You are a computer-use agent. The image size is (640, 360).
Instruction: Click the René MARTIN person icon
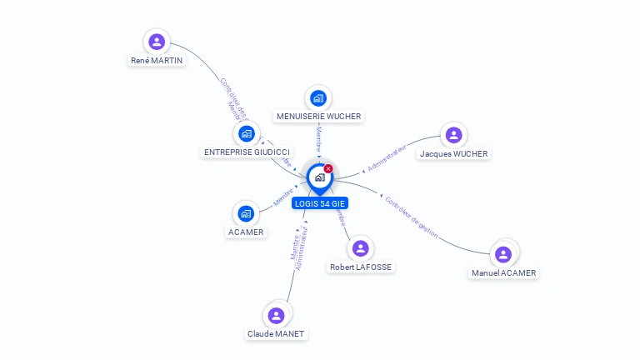157,42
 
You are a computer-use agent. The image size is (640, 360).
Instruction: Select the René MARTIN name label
157,61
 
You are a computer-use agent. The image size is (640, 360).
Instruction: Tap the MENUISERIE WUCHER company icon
317,98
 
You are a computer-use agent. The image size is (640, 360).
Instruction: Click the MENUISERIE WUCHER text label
317,117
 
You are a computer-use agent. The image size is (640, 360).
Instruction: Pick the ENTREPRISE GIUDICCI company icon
246,133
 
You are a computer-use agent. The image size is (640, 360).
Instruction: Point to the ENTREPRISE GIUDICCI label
247,152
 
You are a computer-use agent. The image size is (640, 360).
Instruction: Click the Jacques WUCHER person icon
453,135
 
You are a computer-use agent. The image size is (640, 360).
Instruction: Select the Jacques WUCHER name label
454,154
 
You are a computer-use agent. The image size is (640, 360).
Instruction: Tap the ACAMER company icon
245,213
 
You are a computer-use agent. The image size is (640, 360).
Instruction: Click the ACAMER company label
246,232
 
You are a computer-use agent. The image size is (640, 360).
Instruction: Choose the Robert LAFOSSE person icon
360,248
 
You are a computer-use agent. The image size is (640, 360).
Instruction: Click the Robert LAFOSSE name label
360,267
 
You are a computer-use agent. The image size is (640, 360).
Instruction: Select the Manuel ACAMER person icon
502,254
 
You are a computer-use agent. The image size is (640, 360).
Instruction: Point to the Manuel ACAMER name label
503,273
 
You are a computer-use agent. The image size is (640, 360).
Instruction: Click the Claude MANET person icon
276,315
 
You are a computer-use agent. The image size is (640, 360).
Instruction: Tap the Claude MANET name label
276,334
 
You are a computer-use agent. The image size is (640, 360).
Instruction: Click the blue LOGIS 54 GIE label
319,203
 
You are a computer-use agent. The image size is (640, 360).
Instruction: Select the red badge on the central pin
328,168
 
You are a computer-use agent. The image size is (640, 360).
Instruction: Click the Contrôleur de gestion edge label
412,217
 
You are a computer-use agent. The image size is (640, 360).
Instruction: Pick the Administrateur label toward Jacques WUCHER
387,157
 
